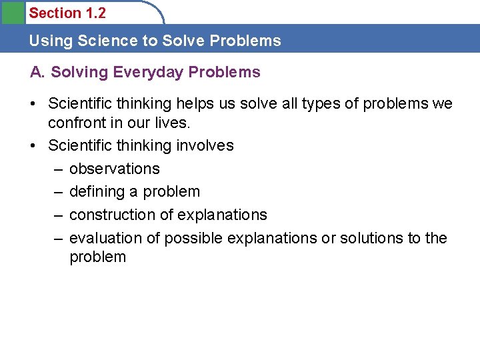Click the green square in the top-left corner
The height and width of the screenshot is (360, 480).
coord(12,12)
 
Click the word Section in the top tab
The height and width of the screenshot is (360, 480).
coord(53,13)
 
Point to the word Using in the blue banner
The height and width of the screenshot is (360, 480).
coord(51,41)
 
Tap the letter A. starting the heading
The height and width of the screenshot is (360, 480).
coord(37,72)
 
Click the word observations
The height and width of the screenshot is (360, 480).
coord(115,169)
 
